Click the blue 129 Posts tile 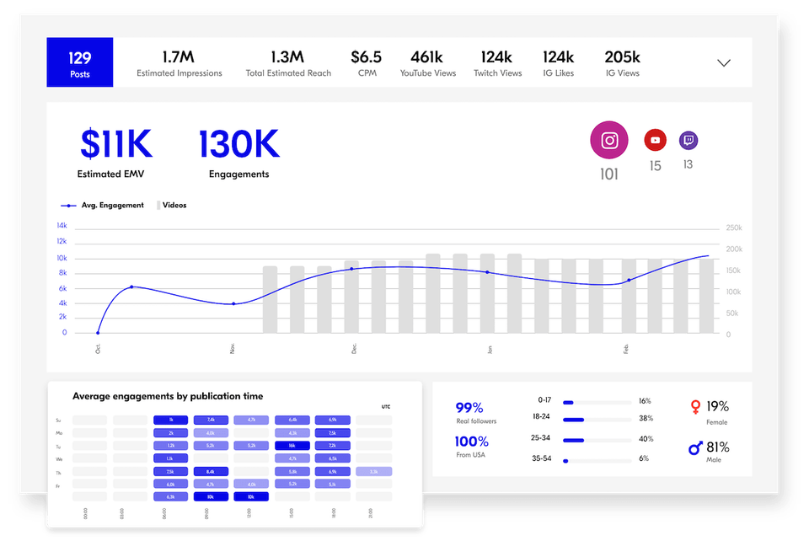point(79,62)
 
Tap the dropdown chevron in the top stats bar point(723,63)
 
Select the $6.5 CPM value point(367,57)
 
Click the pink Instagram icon point(609,141)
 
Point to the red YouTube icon point(655,140)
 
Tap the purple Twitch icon point(688,140)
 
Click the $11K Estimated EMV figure point(115,145)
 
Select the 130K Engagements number point(238,145)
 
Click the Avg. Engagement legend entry point(103,206)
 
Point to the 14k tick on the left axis point(62,226)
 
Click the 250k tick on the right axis point(733,228)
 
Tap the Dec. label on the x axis point(355,348)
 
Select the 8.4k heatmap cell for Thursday point(211,472)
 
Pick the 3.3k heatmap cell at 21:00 point(373,472)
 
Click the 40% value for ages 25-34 point(646,439)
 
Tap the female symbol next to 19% point(695,408)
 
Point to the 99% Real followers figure point(469,408)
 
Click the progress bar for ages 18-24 point(597,419)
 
